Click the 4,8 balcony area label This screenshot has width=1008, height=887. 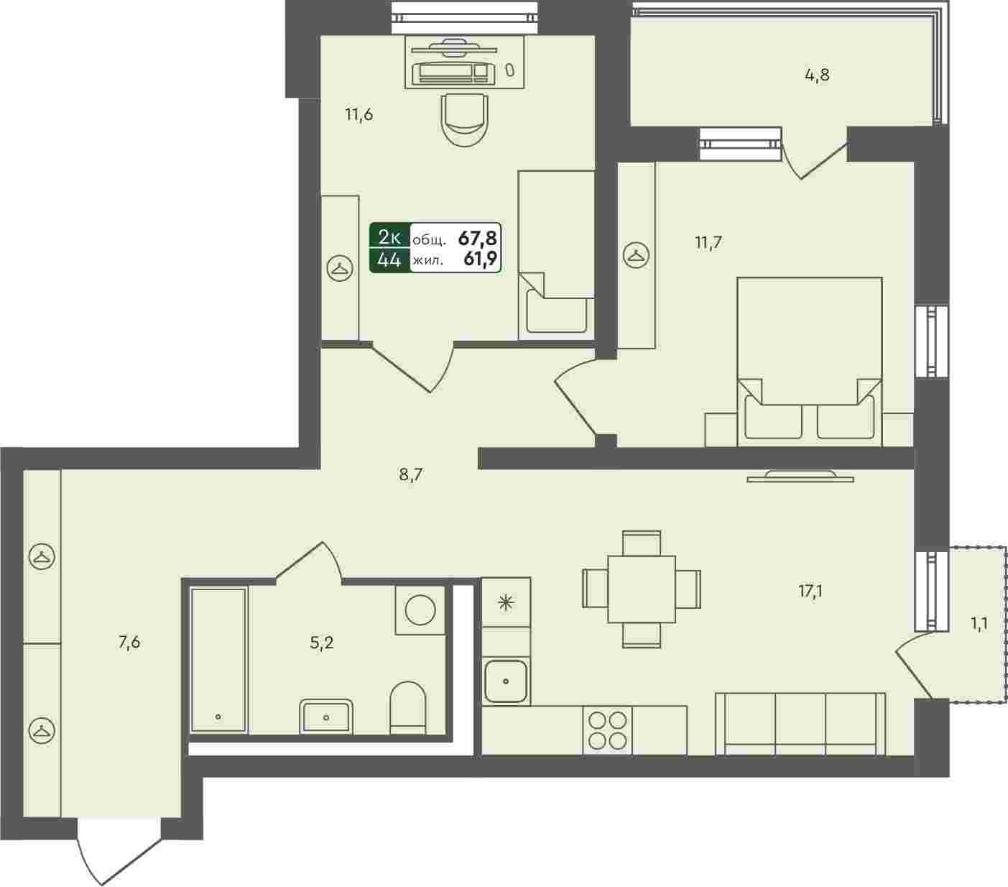pyautogui.click(x=817, y=75)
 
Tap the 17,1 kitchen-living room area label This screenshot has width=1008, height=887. pyautogui.click(x=810, y=592)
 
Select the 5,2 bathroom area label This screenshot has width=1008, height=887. pyautogui.click(x=322, y=643)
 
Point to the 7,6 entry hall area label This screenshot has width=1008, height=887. pyautogui.click(x=129, y=643)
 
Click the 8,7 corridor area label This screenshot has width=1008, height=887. pyautogui.click(x=410, y=475)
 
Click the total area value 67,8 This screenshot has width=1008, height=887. pyautogui.click(x=477, y=239)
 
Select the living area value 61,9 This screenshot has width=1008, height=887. pyautogui.click(x=480, y=259)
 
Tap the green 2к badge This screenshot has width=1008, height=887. pyautogui.click(x=389, y=237)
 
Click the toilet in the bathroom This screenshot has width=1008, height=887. pyautogui.click(x=408, y=707)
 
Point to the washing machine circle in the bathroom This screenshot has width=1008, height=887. pyautogui.click(x=420, y=610)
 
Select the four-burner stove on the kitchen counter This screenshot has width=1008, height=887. pyautogui.click(x=607, y=731)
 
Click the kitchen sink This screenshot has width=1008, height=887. pyautogui.click(x=506, y=681)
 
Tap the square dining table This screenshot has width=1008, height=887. pyautogui.click(x=642, y=589)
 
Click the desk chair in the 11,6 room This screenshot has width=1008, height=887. pyautogui.click(x=464, y=120)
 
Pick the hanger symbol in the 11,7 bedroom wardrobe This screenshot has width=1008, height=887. pyautogui.click(x=636, y=255)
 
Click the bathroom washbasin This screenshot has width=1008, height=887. pyautogui.click(x=326, y=716)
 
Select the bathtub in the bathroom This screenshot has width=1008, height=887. pyautogui.click(x=218, y=660)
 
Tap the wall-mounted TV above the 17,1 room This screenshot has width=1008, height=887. pyautogui.click(x=800, y=476)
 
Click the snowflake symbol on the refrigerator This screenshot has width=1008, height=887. pyautogui.click(x=506, y=603)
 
